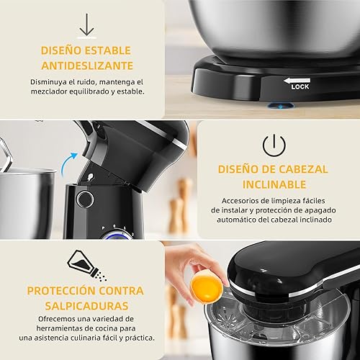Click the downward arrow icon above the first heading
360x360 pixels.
[x=86, y=24]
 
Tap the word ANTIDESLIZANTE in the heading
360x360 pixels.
[x=86, y=66]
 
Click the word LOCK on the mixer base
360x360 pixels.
[x=300, y=87]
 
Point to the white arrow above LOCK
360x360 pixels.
[x=301, y=81]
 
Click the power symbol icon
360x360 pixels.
[x=273, y=146]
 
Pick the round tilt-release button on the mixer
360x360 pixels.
[x=85, y=199]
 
